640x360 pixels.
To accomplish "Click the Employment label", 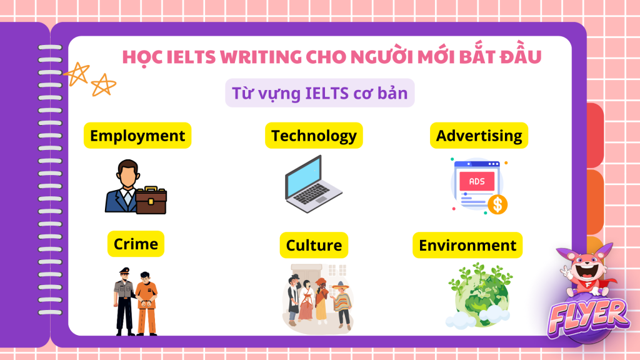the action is tap(137, 136).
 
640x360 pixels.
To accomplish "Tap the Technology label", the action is tap(314, 136).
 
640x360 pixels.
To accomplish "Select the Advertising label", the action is tap(479, 136).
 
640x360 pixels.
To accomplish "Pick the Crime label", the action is tap(136, 244).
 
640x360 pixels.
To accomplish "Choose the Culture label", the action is tap(314, 245).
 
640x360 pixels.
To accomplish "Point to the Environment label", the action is tap(467, 245).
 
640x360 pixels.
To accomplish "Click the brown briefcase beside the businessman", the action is tap(151, 201).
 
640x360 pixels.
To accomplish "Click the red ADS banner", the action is tap(477, 181).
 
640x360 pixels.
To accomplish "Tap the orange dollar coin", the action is tap(497, 204).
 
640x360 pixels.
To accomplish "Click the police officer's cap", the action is tap(124, 270).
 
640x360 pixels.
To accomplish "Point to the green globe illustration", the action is tap(480, 296).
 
